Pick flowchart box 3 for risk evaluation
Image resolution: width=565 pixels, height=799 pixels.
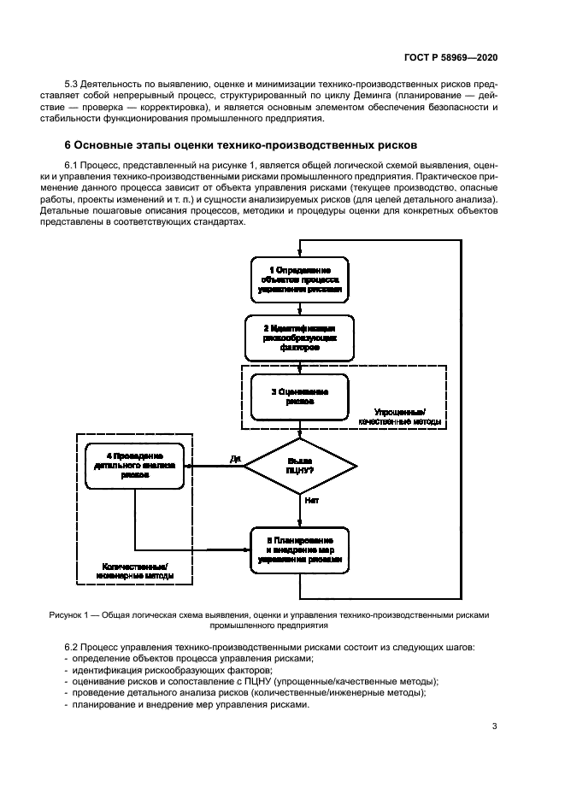(x=300, y=396)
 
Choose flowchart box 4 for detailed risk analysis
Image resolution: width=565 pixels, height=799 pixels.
(x=135, y=466)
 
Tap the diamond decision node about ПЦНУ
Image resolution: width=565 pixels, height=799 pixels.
(x=300, y=467)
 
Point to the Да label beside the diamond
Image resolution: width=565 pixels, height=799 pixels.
(x=235, y=459)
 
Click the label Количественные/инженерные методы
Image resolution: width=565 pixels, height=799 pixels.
(x=134, y=570)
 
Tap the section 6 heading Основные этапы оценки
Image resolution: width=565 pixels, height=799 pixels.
(x=242, y=144)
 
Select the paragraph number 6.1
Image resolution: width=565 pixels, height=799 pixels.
(x=74, y=162)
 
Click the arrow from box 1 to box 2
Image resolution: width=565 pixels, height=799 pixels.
(x=300, y=309)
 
